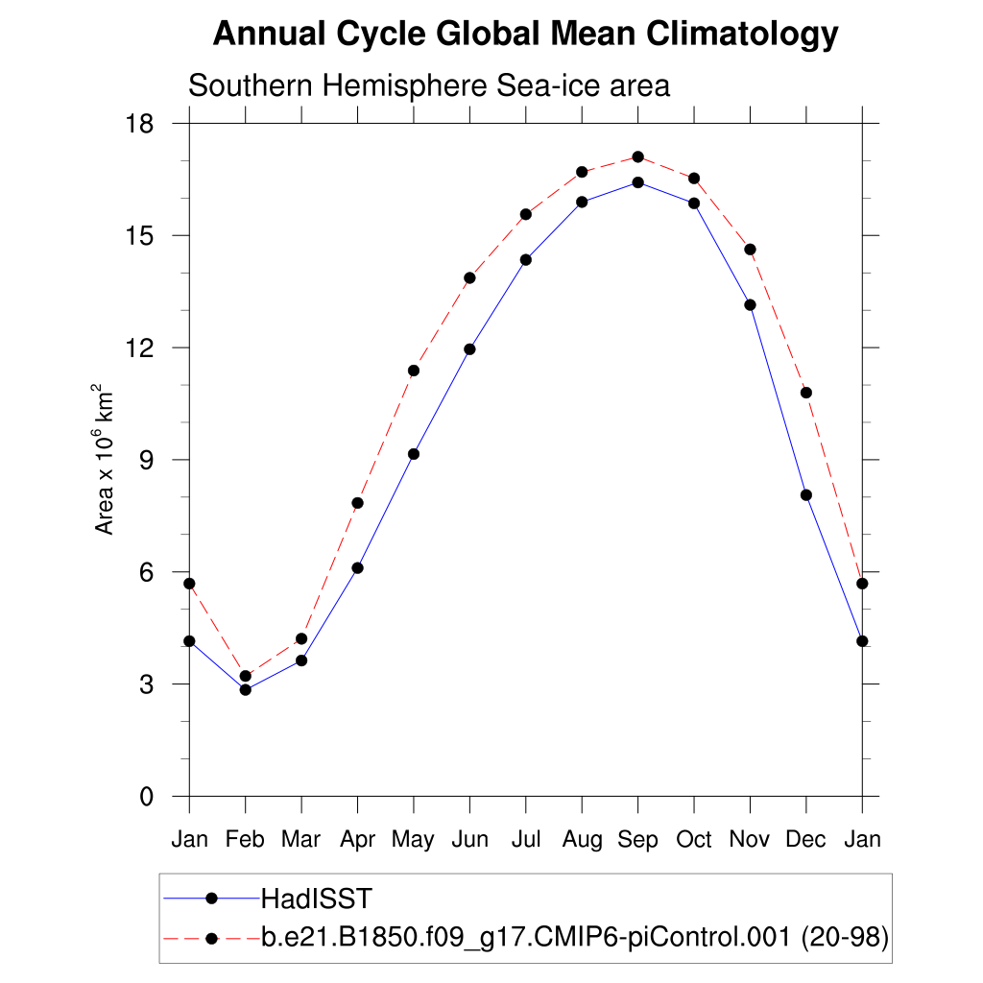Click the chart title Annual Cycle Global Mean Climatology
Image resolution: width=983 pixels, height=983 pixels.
(525, 35)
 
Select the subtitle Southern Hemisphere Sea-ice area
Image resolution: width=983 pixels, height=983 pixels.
(428, 85)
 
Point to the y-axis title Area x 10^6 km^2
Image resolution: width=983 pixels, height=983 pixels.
(104, 459)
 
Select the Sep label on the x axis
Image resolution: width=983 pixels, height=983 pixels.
(637, 840)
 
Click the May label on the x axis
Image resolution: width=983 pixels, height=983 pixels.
(413, 840)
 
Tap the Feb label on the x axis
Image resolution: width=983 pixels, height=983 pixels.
(245, 840)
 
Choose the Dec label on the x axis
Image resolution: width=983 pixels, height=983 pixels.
(805, 840)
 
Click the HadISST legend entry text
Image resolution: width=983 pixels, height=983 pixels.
(316, 899)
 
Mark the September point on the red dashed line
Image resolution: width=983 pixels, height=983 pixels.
(637, 156)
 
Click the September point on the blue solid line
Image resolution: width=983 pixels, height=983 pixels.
(637, 182)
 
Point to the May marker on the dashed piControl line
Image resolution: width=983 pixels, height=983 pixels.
(414, 371)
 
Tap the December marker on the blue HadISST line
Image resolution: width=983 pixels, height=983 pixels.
(806, 495)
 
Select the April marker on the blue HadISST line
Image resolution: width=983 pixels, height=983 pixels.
(357, 567)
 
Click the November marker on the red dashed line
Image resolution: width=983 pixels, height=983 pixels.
(750, 250)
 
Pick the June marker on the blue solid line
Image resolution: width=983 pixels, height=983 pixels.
(469, 349)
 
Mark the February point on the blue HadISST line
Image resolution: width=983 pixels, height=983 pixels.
(246, 689)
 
